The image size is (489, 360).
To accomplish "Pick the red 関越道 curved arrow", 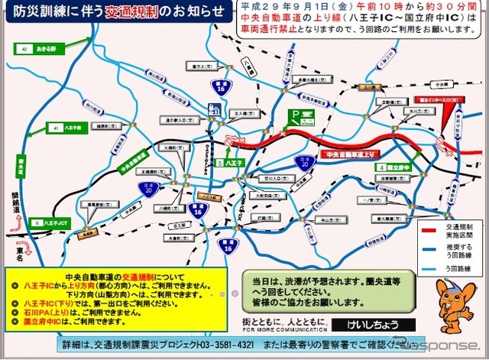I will click(21, 222).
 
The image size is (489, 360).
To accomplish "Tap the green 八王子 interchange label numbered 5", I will click(229, 163).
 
